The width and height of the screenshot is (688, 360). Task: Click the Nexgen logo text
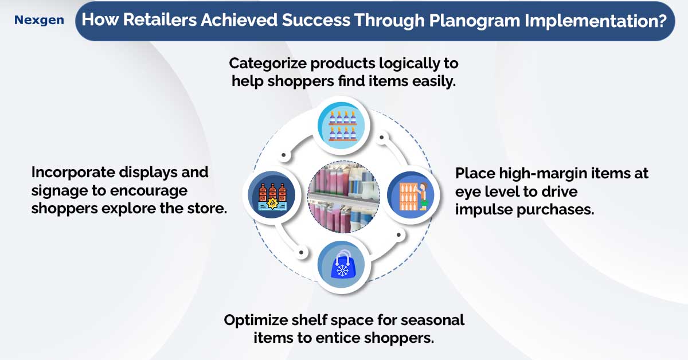pyautogui.click(x=39, y=20)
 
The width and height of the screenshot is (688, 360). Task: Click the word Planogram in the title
pyautogui.click(x=474, y=21)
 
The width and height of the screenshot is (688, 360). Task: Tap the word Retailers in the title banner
pyautogui.click(x=160, y=19)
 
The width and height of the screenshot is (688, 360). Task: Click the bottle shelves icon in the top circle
pyautogui.click(x=342, y=126)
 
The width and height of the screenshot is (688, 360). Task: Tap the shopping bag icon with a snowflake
pyautogui.click(x=342, y=264)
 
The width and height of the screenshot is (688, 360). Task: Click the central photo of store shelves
pyautogui.click(x=343, y=197)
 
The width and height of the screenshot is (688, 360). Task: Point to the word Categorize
pyautogui.click(x=268, y=64)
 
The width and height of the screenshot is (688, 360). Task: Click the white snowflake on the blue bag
pyautogui.click(x=342, y=270)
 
